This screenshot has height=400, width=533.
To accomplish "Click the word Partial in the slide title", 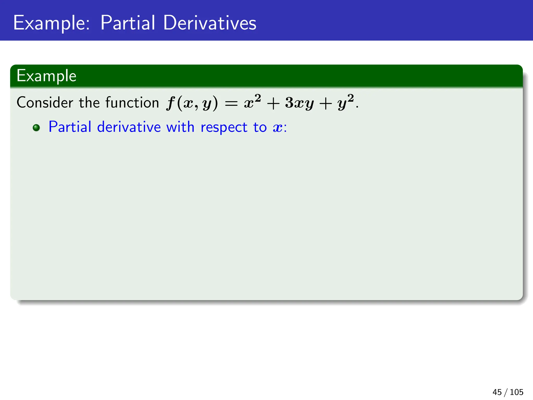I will [128, 23].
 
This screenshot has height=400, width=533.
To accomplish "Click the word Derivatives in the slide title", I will [210, 23].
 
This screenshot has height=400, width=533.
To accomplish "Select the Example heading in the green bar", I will [46, 76].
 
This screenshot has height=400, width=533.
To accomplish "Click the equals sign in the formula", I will [231, 104].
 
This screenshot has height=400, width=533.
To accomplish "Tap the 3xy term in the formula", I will [300, 103].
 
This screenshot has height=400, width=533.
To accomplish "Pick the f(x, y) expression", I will [192, 103].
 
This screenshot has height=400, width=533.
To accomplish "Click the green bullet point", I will [36, 128].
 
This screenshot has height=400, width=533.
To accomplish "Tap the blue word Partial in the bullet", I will [70, 127].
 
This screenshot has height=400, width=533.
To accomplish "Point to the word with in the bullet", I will [180, 127].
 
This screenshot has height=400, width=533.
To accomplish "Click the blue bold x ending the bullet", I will [278, 128].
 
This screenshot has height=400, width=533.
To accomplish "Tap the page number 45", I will [497, 392].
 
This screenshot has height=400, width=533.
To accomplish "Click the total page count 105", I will [516, 392].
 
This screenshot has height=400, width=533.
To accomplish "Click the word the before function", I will [89, 102].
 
